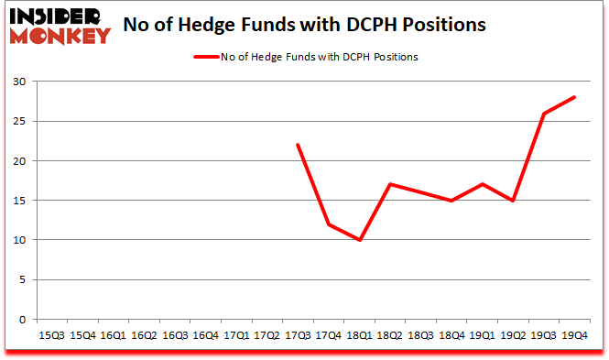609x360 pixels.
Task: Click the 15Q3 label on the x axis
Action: click(x=52, y=336)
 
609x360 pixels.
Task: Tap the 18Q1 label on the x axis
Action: click(x=360, y=336)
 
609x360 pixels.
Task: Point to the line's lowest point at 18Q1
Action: click(x=360, y=240)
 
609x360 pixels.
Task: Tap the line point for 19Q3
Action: click(x=545, y=114)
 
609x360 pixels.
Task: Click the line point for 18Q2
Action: click(x=391, y=184)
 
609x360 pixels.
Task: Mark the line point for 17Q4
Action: click(x=330, y=224)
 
